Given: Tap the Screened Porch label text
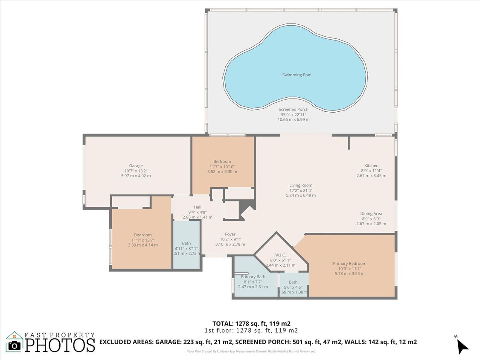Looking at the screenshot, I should pyautogui.click(x=293, y=110).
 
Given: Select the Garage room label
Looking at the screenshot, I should pyautogui.click(x=136, y=166).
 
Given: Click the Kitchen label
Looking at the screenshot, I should pyautogui.click(x=371, y=166).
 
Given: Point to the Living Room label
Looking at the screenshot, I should pyautogui.click(x=300, y=186).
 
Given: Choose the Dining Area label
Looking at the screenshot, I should pyautogui.click(x=371, y=214).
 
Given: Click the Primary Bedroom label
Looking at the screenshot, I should pyautogui.click(x=349, y=264).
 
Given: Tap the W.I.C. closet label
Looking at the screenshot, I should pyautogui.click(x=280, y=255).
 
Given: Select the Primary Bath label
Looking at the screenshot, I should pyautogui.click(x=253, y=277).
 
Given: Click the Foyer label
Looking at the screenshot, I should pyautogui.click(x=230, y=234).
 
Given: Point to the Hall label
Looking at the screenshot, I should pyautogui.click(x=197, y=207).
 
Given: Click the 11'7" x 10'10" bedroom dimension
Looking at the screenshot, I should pyautogui.click(x=222, y=167).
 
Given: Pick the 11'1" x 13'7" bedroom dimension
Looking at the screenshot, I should pyautogui.click(x=143, y=240).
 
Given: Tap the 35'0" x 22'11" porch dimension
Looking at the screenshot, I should pyautogui.click(x=293, y=115).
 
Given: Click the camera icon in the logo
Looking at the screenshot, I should pyautogui.click(x=15, y=344).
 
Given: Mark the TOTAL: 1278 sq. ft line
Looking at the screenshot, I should pyautogui.click(x=251, y=323).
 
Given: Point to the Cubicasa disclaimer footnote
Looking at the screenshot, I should pyautogui.click(x=251, y=351).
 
